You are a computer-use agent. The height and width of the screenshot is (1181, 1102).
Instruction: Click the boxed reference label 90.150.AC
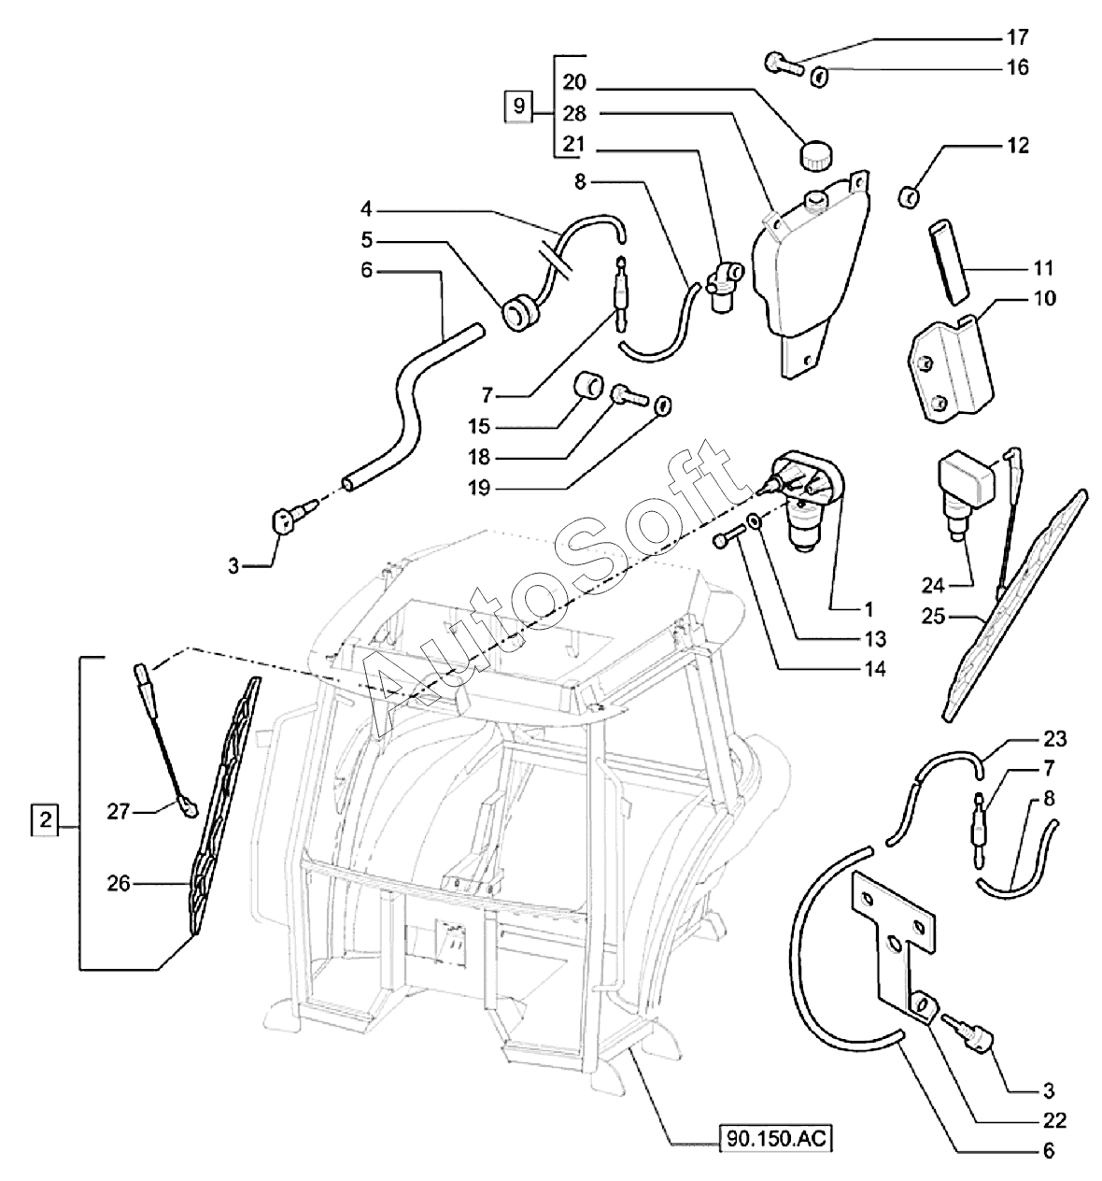[x=775, y=1138]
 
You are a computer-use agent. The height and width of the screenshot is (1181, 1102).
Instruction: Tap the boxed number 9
[x=519, y=107]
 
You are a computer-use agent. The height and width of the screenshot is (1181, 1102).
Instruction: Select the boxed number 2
[x=45, y=821]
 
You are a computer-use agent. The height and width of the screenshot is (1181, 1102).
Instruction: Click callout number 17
[x=1018, y=37]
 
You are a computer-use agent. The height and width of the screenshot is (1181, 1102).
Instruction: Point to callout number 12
[x=1018, y=146]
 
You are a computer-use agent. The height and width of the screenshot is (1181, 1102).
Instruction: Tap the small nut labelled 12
[x=909, y=196]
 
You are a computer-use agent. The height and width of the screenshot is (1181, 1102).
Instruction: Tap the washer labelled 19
[x=662, y=405]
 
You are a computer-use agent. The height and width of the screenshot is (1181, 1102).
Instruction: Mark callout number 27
[x=118, y=811]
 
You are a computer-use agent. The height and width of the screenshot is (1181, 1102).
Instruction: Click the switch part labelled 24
[x=965, y=501]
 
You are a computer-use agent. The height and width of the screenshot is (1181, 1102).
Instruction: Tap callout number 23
[x=1054, y=739]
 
